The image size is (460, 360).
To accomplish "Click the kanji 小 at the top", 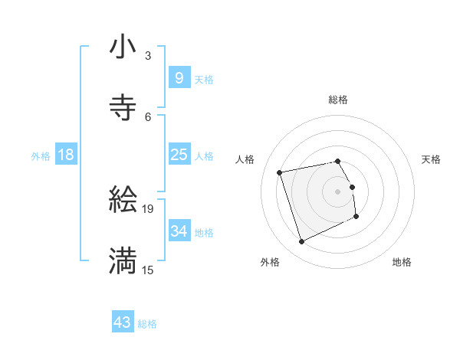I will (x=123, y=47).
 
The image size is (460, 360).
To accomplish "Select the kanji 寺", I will (x=123, y=108).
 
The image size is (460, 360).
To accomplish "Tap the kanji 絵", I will (x=123, y=200).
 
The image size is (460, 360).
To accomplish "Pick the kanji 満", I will (x=123, y=260).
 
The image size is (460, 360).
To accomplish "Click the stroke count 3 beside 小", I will (x=148, y=56).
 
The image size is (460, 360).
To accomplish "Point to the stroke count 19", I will (x=148, y=208).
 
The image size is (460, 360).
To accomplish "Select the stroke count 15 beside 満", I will (x=148, y=269).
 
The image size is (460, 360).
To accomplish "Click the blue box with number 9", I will (x=179, y=77).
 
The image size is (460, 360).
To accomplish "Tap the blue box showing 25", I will (x=179, y=155).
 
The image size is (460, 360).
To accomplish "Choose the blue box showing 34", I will (x=179, y=231).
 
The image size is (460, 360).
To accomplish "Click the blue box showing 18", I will (x=66, y=155).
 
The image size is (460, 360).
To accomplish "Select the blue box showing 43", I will (x=122, y=322).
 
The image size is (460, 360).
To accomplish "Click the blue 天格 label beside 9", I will (x=204, y=79).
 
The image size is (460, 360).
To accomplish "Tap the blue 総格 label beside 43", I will (x=147, y=324).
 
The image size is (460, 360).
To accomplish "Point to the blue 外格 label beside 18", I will (x=41, y=156).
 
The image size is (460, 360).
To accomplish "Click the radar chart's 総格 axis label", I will (x=338, y=100).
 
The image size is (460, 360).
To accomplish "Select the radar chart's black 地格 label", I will (x=402, y=262).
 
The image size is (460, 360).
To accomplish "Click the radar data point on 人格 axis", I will (x=280, y=172).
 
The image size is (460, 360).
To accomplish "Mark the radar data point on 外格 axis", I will (x=301, y=242).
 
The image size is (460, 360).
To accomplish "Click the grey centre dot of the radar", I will (x=338, y=191).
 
